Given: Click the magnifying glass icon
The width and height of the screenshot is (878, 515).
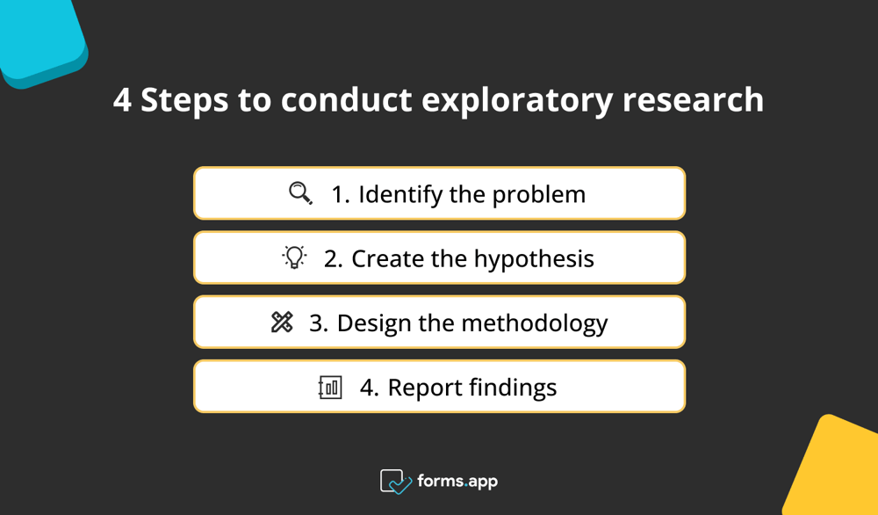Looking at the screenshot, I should (300, 193).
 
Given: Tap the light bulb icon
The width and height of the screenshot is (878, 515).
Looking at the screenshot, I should (294, 257).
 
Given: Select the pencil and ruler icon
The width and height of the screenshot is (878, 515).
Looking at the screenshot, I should (282, 323).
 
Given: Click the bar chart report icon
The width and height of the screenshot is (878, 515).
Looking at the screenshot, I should (330, 388).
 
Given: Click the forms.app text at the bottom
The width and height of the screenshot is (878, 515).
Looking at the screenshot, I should (458, 482).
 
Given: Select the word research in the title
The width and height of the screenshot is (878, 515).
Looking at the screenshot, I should (693, 100).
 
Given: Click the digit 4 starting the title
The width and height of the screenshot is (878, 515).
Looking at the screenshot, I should (122, 100).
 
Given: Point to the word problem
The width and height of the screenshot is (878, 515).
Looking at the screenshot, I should (538, 194).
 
